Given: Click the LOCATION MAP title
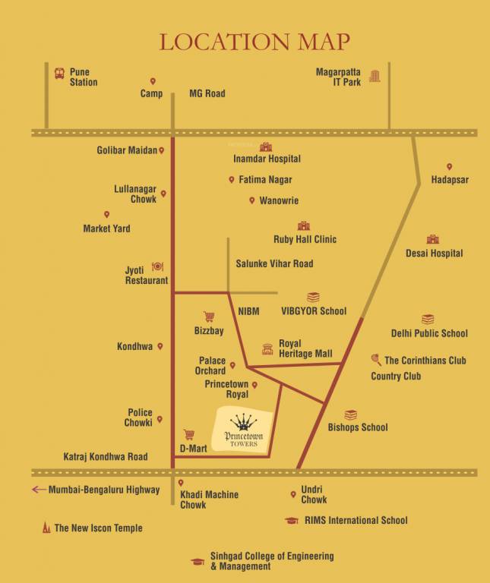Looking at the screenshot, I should (x=254, y=42).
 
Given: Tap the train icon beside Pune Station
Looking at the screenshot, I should (x=59, y=74).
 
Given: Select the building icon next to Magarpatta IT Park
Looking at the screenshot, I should (x=375, y=75).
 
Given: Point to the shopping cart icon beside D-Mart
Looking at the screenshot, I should (x=189, y=435).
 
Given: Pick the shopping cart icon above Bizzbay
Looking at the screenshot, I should (x=208, y=317).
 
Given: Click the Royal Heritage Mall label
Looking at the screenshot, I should (x=305, y=348).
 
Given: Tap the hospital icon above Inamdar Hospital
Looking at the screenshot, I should (x=265, y=147).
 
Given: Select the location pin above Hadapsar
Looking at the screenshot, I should (x=449, y=167).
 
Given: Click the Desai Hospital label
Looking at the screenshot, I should (x=434, y=254).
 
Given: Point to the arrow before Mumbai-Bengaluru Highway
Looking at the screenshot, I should (x=39, y=490).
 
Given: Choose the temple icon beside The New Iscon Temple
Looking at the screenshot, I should (x=46, y=528).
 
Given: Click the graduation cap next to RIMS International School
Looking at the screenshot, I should (x=292, y=521).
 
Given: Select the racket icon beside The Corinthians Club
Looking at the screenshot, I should (x=376, y=360).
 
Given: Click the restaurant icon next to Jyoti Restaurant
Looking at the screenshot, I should (x=157, y=266).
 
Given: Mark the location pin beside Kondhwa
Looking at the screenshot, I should (x=160, y=346).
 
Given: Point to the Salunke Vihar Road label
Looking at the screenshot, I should (x=274, y=263).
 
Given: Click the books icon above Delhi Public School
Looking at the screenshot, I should (x=428, y=320).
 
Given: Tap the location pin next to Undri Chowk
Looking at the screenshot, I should (x=293, y=495).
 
